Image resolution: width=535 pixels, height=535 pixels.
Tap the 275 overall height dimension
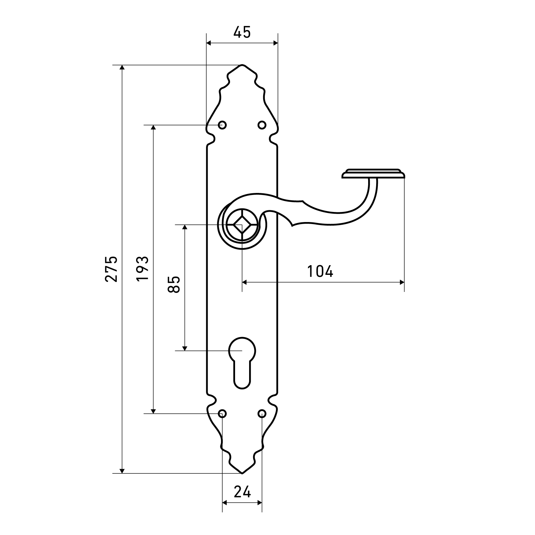[x=111, y=269]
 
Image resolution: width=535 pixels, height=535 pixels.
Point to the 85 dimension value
[x=174, y=285]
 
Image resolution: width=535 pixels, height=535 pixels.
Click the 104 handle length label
[x=320, y=271]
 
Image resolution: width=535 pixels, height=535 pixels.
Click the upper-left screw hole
[x=222, y=125]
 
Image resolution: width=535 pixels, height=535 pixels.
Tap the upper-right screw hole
[x=262, y=125]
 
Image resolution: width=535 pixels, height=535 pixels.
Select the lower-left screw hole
[x=222, y=414]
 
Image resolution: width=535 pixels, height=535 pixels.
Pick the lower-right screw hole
[x=262, y=414]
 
